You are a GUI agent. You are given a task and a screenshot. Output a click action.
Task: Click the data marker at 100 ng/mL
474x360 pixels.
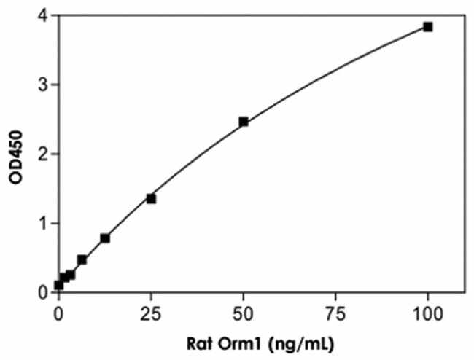428,27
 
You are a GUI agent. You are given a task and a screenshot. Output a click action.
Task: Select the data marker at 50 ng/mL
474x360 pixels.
244,122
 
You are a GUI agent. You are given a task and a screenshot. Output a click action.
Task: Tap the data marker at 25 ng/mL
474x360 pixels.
151,198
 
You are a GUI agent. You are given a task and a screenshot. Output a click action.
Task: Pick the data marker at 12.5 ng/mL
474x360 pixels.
105,238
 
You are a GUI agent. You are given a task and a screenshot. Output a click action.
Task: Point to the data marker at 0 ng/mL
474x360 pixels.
59,285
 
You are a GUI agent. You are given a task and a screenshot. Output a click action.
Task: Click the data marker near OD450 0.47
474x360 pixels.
82,259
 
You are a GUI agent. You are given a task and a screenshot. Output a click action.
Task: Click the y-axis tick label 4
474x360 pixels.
43,15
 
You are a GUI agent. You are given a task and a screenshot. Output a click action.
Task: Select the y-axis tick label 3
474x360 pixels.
43,85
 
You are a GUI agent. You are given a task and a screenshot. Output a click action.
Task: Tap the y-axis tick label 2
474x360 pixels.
43,154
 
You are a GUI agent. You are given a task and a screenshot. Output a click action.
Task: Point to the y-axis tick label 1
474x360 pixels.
43,223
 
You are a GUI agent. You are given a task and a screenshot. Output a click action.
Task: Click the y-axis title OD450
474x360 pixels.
12,153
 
